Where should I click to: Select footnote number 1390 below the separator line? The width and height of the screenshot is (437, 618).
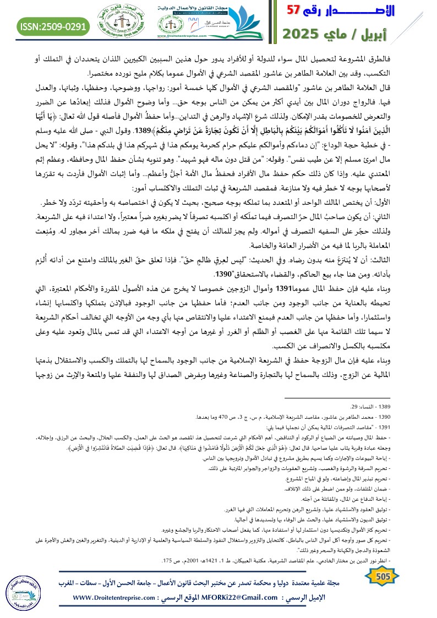tap(420, 417)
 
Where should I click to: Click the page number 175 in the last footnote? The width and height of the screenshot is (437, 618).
tap(166, 560)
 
